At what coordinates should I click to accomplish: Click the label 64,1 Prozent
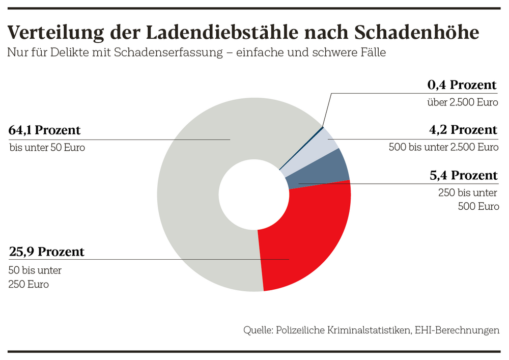44,130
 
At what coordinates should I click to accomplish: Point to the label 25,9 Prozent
46,252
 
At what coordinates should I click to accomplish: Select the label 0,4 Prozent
462,85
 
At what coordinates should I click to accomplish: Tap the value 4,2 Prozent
463,130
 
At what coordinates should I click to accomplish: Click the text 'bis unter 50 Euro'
47,148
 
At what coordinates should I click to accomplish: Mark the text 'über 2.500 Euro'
462,102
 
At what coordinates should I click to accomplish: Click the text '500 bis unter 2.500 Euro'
443,148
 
